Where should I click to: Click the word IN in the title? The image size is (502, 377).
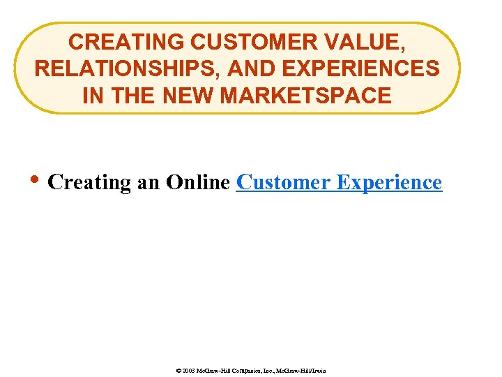point(91,95)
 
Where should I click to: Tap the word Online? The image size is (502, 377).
point(198,182)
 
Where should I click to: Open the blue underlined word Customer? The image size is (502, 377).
point(283,182)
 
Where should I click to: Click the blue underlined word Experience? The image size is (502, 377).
point(389,182)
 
